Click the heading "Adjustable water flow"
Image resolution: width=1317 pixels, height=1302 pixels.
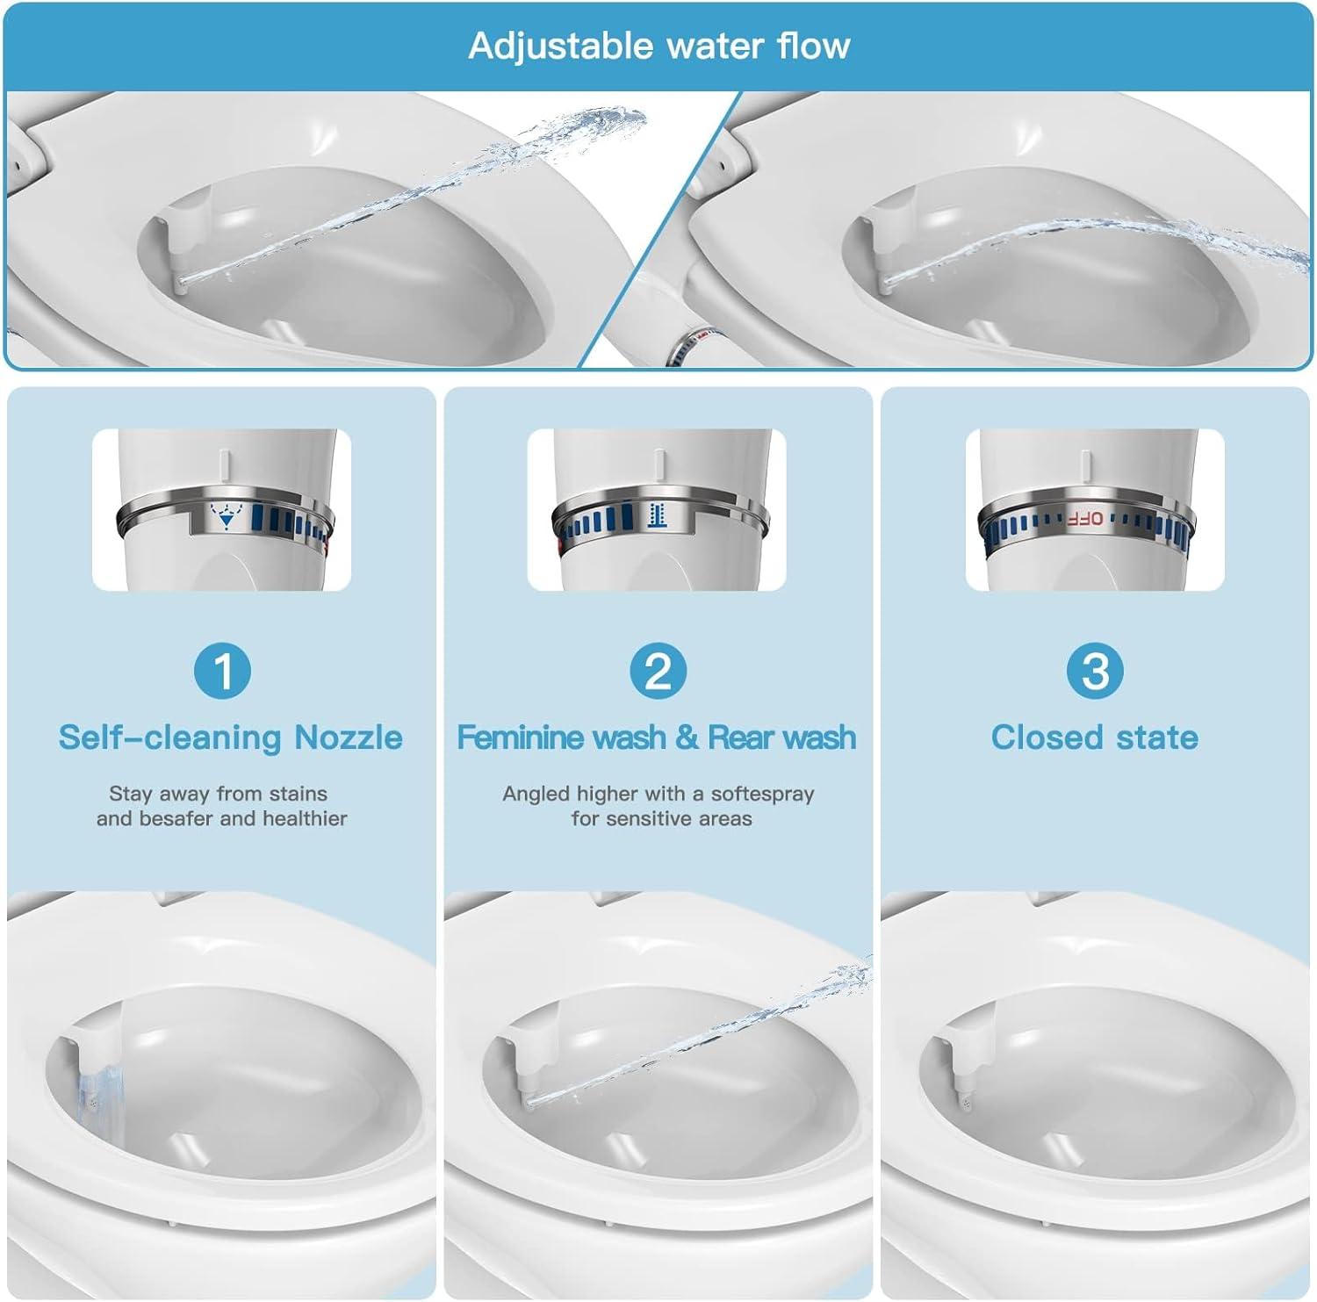coord(658,46)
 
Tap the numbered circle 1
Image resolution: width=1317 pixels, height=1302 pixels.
coord(222,672)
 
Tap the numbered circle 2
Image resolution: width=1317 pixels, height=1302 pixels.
coord(658,672)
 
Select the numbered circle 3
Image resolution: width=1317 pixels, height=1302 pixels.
coord(1094,672)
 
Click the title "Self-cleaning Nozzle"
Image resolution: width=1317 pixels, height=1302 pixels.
coord(230,737)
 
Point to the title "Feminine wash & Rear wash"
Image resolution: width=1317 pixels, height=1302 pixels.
coord(657,737)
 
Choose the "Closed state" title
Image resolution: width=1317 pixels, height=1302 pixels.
coord(1094,737)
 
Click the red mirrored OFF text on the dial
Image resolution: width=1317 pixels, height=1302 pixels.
coord(1085,518)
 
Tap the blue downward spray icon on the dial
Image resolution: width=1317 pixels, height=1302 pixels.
coord(227,518)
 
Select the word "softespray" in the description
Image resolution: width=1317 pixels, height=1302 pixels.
coord(762,794)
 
